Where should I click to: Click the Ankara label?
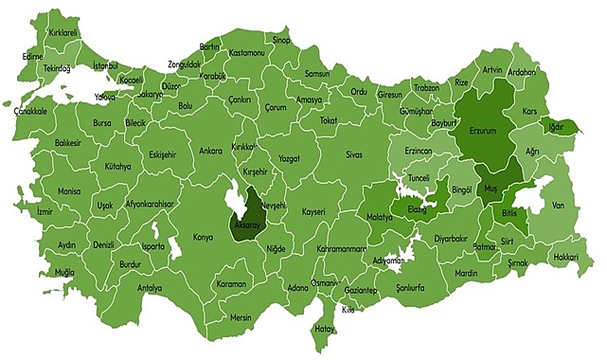pyautogui.click(x=210, y=151)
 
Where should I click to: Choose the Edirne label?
pyautogui.click(x=33, y=56)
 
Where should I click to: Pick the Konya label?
pyautogui.click(x=204, y=237)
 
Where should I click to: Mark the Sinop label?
pyautogui.click(x=281, y=40)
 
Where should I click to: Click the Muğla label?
pyautogui.click(x=64, y=273)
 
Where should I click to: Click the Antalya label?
pyautogui.click(x=150, y=288)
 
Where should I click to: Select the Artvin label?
pyautogui.click(x=492, y=70)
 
